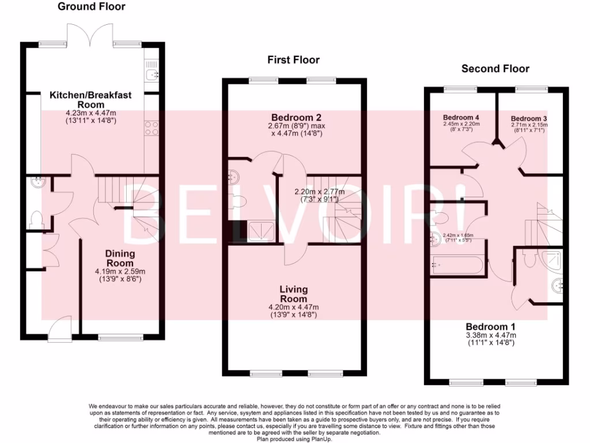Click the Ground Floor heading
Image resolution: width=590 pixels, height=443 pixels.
tap(92, 7)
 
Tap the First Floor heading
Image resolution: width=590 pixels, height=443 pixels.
tap(293, 60)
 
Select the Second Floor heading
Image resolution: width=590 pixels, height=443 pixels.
tap(496, 69)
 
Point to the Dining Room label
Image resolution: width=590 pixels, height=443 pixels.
tap(120, 258)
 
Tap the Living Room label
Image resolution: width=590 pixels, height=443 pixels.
tap(294, 294)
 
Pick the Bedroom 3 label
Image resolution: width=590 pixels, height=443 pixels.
tap(529, 119)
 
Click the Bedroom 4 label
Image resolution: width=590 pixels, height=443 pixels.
tap(461, 118)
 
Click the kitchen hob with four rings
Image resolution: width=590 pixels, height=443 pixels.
tap(152, 127)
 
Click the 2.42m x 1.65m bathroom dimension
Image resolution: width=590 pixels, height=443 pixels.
tap(458, 235)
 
